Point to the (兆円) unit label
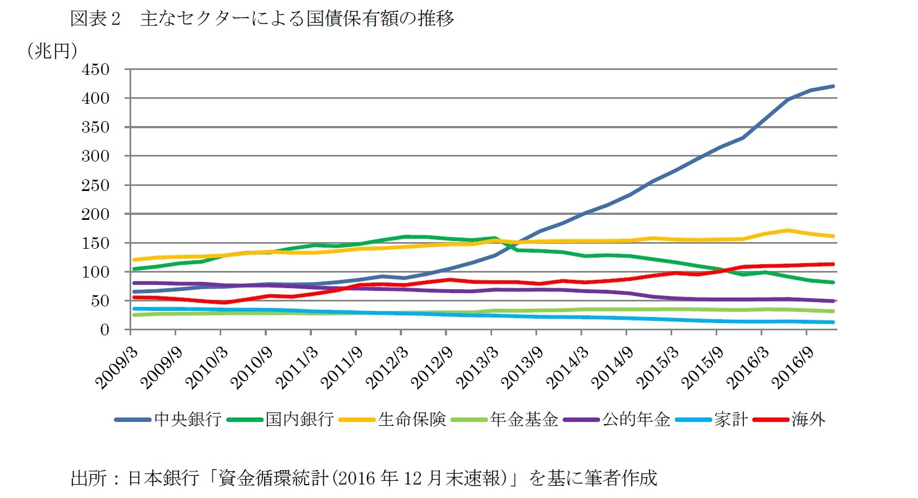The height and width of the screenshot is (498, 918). click(52, 51)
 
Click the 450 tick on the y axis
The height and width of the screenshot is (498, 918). click(96, 70)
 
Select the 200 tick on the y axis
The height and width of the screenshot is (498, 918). click(96, 214)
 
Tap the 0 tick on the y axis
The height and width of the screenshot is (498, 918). click(104, 330)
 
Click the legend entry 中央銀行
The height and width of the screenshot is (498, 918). click(187, 419)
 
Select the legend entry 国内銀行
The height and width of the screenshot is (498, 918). click(299, 419)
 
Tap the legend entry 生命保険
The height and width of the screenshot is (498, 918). click(412, 419)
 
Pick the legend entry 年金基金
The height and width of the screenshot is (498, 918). click(524, 419)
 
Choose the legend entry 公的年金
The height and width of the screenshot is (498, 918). click(636, 419)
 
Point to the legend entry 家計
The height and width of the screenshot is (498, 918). click(731, 419)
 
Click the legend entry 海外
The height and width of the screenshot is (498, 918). click(808, 419)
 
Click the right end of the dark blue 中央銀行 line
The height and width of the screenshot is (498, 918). click(833, 86)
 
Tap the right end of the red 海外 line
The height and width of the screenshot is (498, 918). click(833, 264)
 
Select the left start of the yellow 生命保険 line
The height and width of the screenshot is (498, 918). click(132, 260)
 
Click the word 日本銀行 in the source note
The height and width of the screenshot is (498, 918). click(163, 478)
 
